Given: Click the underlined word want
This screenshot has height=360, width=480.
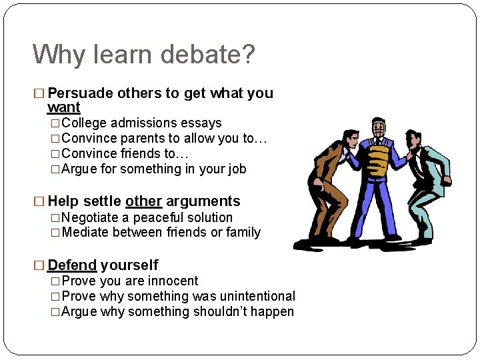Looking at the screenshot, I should pyautogui.click(x=64, y=107).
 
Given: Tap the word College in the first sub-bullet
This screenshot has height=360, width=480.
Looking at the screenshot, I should pyautogui.click(x=85, y=123).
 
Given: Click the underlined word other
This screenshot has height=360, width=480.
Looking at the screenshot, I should pyautogui.click(x=143, y=201).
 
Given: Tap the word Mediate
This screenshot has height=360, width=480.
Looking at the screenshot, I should pyautogui.click(x=85, y=233).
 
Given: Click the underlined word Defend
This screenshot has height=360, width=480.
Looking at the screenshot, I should pyautogui.click(x=72, y=265).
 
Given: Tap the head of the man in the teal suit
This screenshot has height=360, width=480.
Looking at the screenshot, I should pyautogui.click(x=414, y=139).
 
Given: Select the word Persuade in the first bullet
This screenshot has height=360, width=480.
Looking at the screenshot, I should pyautogui.click(x=81, y=93).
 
